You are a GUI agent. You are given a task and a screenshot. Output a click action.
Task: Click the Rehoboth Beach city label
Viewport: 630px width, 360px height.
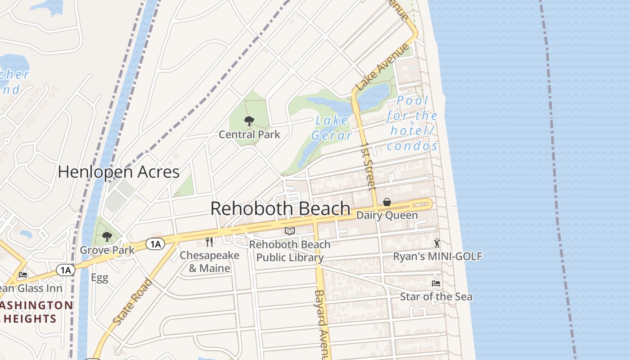pos(280,209)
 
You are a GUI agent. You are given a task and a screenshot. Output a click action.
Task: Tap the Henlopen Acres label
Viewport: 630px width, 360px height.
pos(119,172)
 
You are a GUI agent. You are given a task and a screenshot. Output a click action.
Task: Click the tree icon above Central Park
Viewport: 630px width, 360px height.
pos(249,121)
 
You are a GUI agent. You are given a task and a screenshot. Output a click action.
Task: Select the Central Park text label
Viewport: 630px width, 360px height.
pos(249,135)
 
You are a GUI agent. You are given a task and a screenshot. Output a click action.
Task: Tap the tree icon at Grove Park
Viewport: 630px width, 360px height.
pos(107,236)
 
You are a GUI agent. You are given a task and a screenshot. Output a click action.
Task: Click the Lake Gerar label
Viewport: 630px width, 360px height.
pos(332,128)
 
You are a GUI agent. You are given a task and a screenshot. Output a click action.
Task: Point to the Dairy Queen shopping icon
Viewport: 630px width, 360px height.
pos(387,202)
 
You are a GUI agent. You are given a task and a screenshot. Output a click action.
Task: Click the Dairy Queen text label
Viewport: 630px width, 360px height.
pos(387,216)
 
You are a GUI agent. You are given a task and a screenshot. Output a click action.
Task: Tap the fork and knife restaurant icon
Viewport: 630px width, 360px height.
pos(209,242)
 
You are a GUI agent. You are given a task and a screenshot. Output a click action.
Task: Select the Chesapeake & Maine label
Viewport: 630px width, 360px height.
pos(209,262)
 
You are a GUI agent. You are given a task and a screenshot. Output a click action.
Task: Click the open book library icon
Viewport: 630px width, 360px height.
pos(290,231)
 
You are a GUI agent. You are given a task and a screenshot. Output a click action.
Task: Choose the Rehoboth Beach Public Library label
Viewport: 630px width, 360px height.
pos(290,251)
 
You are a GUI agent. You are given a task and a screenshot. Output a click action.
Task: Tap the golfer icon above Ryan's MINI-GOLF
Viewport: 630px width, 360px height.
pos(436,243)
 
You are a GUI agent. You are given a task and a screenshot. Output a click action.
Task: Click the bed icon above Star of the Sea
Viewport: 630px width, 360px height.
pos(436,283)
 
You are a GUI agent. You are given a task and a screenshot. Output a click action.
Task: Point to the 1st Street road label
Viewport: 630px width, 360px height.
pos(368,166)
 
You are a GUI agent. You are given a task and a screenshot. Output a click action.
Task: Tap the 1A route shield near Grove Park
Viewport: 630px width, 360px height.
pos(155,244)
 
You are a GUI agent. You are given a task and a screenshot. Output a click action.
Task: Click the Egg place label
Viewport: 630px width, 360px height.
pos(99,278)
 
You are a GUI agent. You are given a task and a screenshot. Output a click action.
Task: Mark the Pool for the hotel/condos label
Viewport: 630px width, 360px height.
pos(412,123)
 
